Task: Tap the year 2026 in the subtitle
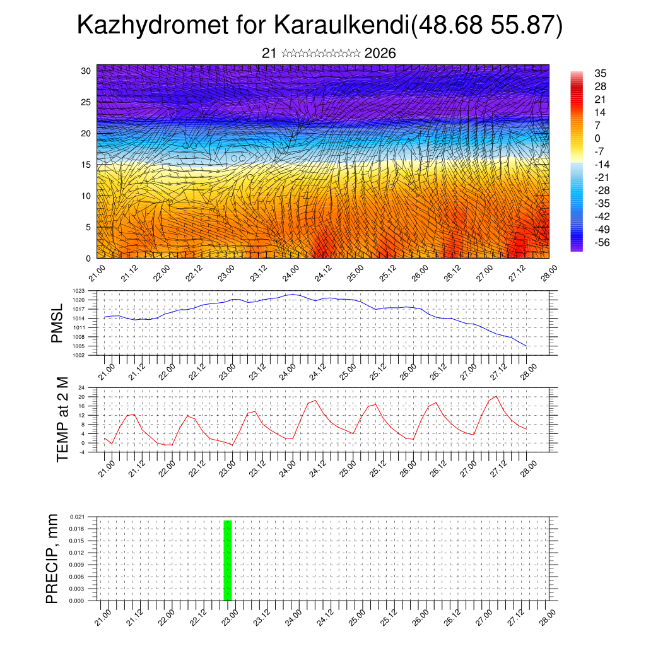pyautogui.click(x=380, y=53)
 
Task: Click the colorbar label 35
pyautogui.click(x=600, y=74)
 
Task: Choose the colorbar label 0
pyautogui.click(x=597, y=138)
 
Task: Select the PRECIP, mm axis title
pyautogui.click(x=52, y=558)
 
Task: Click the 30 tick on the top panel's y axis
pyautogui.click(x=85, y=71)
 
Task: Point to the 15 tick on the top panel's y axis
pyautogui.click(x=85, y=165)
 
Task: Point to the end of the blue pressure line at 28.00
pyautogui.click(x=526, y=346)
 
